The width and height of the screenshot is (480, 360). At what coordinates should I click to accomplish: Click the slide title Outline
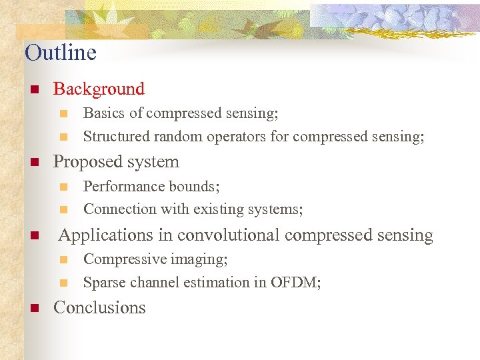click(61, 53)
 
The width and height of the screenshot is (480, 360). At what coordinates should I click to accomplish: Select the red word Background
click(99, 89)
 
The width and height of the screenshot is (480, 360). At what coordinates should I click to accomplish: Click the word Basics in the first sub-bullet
click(103, 113)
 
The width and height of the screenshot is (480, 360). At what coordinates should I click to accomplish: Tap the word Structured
click(116, 137)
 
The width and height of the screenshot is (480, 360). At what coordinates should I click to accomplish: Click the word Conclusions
click(99, 307)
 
